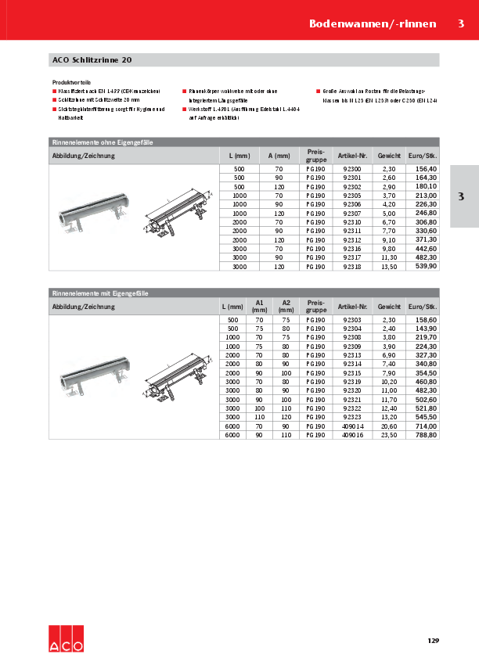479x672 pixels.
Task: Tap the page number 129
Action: [x=433, y=641]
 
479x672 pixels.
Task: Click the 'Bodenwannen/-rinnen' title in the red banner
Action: [x=372, y=23]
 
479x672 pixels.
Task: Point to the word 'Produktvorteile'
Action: [x=71, y=81]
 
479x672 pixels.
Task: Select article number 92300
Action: [x=352, y=169]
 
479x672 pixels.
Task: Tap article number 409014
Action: [x=352, y=426]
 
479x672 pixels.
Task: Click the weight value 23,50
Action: [x=388, y=434]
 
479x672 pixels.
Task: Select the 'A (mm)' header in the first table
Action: [x=279, y=155]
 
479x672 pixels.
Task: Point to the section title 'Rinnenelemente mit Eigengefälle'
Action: [x=100, y=293]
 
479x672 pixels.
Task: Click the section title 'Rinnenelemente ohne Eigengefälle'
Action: [x=102, y=142]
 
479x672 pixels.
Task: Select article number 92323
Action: [x=352, y=417]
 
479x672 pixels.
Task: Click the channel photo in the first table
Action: [x=91, y=214]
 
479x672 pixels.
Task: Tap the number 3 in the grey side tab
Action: [x=461, y=196]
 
